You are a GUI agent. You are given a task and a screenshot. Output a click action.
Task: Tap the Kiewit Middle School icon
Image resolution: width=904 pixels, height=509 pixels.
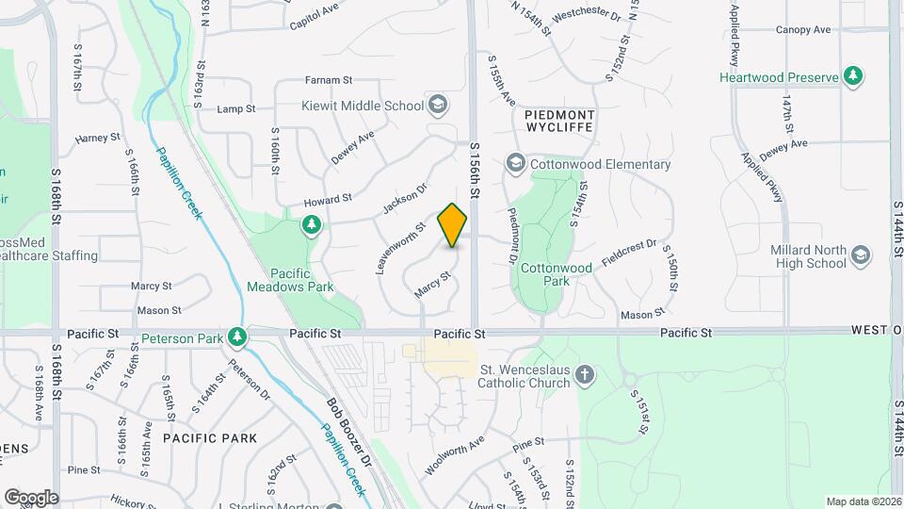click(x=437, y=105)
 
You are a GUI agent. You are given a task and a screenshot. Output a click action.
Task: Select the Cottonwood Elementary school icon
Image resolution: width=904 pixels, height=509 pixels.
click(x=515, y=164)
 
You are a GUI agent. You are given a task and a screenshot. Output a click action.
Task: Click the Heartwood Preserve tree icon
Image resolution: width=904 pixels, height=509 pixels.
click(x=853, y=76)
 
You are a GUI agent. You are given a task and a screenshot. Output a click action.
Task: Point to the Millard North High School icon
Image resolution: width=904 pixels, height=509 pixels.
click(x=859, y=254)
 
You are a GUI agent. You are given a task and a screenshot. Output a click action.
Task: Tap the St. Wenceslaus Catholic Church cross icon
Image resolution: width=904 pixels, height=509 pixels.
click(x=585, y=376)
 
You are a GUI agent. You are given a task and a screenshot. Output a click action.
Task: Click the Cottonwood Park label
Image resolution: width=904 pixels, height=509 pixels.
click(x=557, y=274)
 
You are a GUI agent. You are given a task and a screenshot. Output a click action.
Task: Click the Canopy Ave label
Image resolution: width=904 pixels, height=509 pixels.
click(x=803, y=30)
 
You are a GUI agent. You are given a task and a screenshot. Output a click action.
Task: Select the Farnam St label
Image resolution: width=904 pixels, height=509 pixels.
click(x=328, y=81)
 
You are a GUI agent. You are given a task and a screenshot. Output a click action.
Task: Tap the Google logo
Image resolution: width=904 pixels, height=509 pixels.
click(x=31, y=498)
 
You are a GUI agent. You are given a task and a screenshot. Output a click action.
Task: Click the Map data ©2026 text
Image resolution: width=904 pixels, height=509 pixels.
click(x=863, y=501)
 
